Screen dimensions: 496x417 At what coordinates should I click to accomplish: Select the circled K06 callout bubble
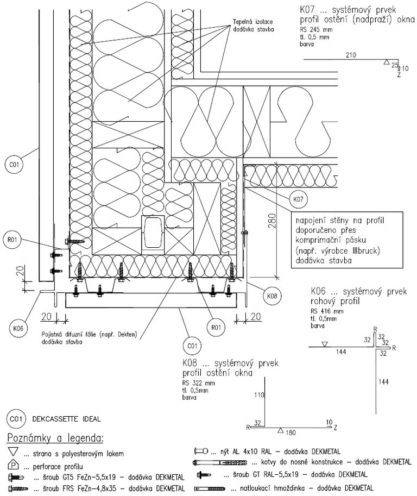(x=18, y=328)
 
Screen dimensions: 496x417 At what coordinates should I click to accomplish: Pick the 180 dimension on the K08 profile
(x=292, y=432)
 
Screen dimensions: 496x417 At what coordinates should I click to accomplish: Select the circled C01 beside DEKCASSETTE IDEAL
(x=15, y=419)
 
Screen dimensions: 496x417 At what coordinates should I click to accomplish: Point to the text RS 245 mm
(x=315, y=29)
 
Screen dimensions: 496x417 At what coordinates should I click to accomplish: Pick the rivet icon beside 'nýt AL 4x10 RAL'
(x=204, y=451)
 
